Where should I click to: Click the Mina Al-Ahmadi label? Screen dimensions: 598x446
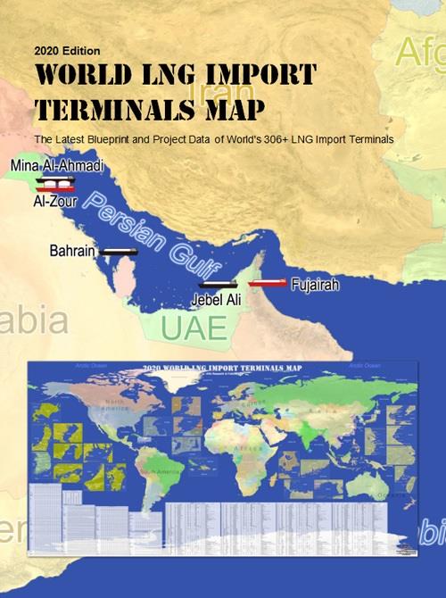58,166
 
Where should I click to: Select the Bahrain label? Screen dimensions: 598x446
72,252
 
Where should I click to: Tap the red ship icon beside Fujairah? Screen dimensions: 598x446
268,283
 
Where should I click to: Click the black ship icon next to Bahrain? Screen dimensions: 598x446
119,252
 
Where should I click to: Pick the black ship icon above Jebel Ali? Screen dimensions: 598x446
219,285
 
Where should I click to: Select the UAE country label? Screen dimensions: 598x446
194,328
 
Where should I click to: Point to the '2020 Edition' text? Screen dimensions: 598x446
67,50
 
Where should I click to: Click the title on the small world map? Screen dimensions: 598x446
223,368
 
